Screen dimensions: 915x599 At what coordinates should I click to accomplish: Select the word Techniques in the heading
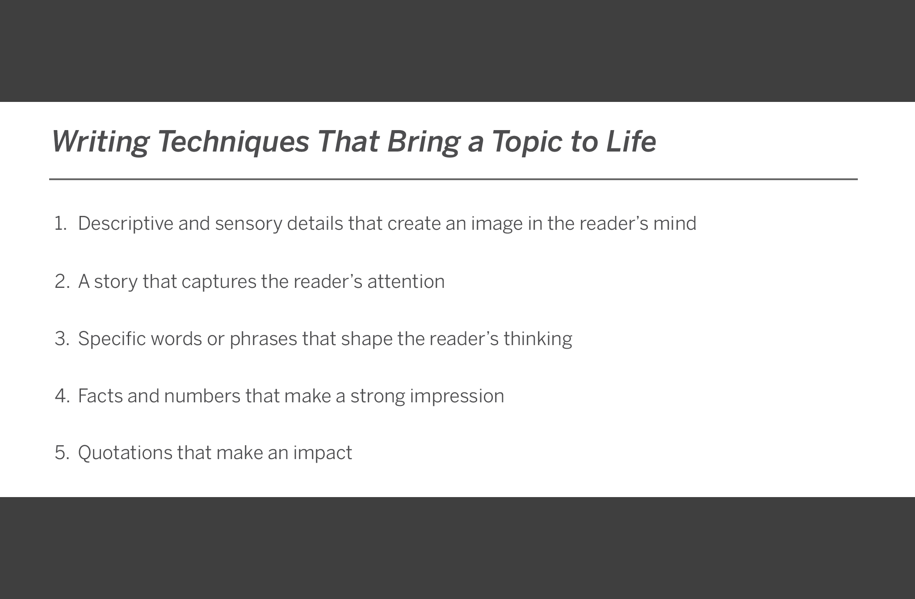coord(233,141)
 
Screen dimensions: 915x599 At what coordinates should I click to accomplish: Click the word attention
coord(406,282)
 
